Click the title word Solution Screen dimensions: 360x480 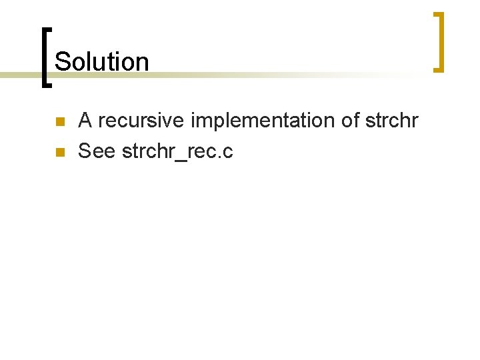pyautogui.click(x=101, y=61)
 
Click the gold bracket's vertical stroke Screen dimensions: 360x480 pyautogui.click(x=440, y=41)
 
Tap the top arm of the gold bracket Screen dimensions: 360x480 pyautogui.click(x=437, y=14)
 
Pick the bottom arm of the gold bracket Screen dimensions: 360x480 pyautogui.click(x=437, y=69)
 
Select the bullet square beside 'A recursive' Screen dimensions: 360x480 pyautogui.click(x=59, y=122)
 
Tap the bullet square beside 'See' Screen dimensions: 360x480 pyautogui.click(x=59, y=153)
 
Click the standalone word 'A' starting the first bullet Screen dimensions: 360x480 pyautogui.click(x=85, y=121)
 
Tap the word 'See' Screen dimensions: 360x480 pyautogui.click(x=97, y=151)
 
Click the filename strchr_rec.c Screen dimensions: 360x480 pyautogui.click(x=177, y=152)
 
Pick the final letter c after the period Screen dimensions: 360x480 pyautogui.click(x=228, y=153)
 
